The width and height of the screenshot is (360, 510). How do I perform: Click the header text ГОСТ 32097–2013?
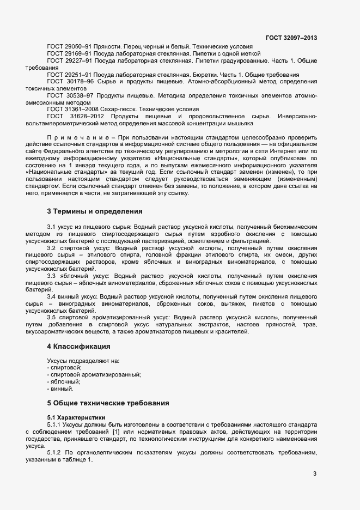point(291,38)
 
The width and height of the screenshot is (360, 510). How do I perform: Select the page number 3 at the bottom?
point(314,473)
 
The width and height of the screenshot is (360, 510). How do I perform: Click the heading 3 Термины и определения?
point(95,211)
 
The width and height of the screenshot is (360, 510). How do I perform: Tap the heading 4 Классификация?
point(79,346)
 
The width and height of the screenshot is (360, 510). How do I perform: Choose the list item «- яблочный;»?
point(64,382)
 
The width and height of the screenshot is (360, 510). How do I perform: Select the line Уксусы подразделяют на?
point(83,361)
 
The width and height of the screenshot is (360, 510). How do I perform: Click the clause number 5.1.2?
point(55,452)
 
